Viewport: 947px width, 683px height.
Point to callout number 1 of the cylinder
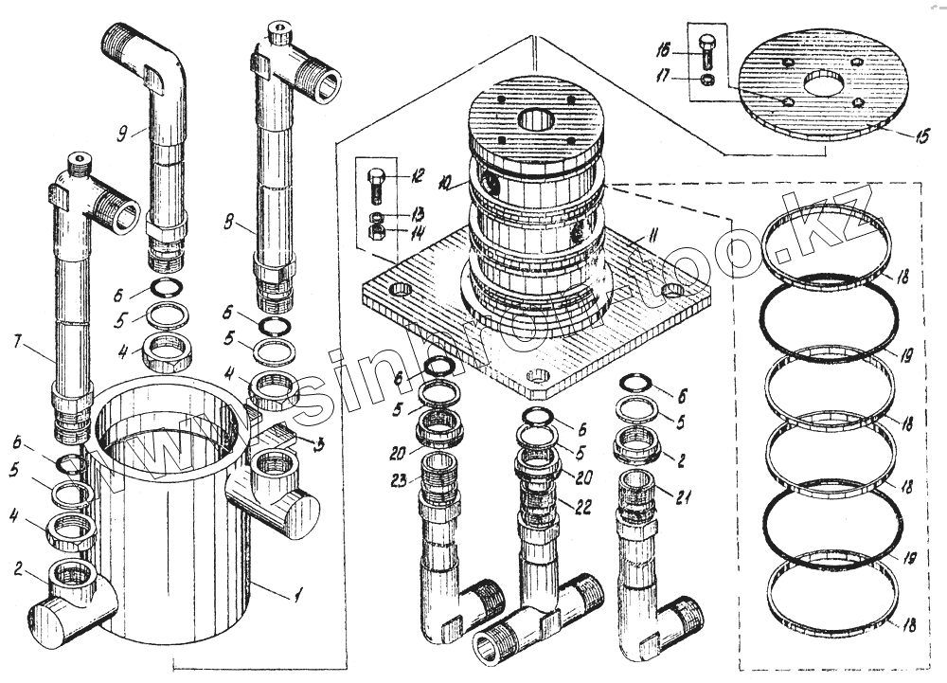(x=297, y=595)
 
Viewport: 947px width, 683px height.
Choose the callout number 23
(x=400, y=481)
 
